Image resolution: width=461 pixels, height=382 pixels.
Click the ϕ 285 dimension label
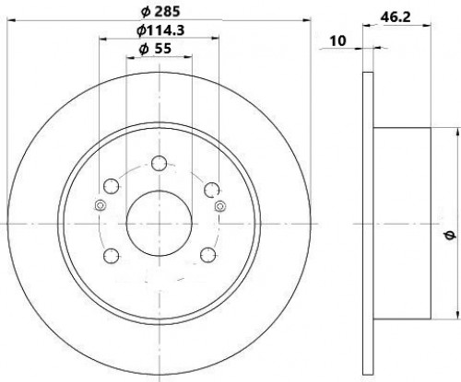coord(160,12)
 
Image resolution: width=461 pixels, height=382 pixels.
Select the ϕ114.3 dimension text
coord(160,30)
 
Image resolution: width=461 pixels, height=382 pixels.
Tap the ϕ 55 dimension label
coord(155,49)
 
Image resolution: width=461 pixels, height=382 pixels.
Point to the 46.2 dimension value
coord(396,17)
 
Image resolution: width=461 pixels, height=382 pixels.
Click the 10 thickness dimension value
coord(337,41)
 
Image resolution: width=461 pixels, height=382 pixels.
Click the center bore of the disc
coord(160,224)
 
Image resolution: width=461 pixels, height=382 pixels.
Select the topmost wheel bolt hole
coord(160,163)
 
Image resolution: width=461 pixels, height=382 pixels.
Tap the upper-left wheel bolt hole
coord(111,186)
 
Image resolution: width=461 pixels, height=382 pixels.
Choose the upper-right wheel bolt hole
coord(212,190)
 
